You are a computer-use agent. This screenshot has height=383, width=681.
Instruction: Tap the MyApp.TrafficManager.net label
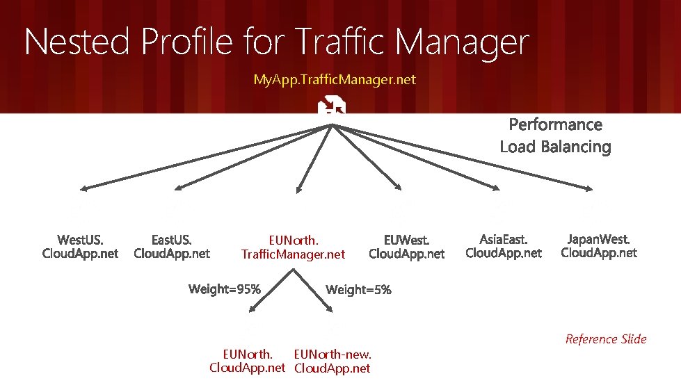click(335, 79)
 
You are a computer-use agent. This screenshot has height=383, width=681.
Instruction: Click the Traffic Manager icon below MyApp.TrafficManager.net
click(333, 106)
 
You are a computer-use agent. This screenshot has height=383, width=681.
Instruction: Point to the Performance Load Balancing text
click(555, 136)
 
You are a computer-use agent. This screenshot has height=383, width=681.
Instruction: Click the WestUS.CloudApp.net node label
click(81, 247)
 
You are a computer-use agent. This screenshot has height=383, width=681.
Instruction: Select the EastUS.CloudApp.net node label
click(172, 247)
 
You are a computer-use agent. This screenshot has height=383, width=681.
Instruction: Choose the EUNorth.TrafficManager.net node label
click(293, 247)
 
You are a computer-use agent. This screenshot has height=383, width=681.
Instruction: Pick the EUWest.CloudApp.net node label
click(407, 247)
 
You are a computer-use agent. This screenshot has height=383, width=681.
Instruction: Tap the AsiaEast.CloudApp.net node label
click(504, 246)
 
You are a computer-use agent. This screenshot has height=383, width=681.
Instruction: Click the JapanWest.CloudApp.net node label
click(599, 246)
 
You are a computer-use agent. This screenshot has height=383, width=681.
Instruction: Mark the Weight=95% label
click(225, 289)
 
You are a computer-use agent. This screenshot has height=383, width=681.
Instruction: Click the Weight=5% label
click(358, 289)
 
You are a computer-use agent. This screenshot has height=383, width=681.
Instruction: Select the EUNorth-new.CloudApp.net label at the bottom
click(333, 361)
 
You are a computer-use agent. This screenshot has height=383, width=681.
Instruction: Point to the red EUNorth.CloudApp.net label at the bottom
click(248, 361)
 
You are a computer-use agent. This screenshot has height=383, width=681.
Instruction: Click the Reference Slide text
click(606, 339)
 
